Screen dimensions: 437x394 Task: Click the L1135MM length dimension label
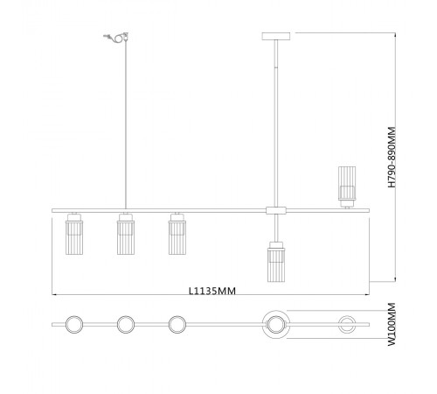(x=212, y=291)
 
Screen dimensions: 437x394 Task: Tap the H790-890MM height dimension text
(x=392, y=157)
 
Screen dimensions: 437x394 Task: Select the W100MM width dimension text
(x=392, y=325)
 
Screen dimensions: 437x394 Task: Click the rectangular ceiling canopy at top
(x=276, y=36)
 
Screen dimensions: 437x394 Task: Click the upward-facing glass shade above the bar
(x=347, y=186)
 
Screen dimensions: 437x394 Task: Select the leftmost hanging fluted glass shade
(x=74, y=234)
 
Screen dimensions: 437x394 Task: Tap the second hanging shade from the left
(x=126, y=234)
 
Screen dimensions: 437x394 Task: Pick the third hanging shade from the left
(x=177, y=234)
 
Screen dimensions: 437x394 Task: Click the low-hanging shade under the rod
(x=276, y=262)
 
